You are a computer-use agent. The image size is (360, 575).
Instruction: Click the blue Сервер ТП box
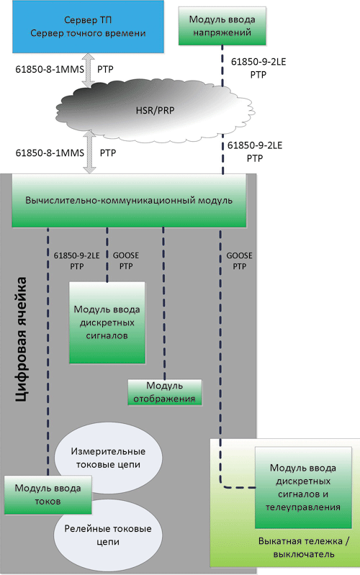(88, 27)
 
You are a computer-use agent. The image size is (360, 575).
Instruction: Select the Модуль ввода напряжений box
(222, 26)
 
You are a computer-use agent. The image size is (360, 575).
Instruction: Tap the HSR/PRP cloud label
(155, 110)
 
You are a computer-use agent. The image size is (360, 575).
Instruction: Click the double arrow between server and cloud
(88, 70)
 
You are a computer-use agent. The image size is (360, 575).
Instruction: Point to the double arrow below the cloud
(89, 152)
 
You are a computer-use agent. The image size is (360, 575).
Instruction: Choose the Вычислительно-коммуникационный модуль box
(129, 201)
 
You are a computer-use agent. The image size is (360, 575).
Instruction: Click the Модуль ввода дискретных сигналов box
(107, 322)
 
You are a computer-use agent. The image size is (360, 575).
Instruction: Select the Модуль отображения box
(164, 392)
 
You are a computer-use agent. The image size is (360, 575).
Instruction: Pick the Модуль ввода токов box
(48, 494)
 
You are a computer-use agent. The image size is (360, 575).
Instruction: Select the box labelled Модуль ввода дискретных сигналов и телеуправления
(303, 487)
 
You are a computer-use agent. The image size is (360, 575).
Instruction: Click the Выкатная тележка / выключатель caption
(304, 547)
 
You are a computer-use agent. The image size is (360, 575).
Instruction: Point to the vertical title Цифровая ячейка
(22, 339)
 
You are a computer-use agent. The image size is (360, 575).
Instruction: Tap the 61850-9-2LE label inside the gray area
(77, 255)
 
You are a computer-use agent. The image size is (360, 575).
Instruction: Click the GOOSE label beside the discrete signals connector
(126, 255)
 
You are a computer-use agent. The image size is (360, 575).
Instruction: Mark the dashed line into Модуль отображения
(163, 303)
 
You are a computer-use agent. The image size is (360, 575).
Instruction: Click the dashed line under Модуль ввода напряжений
(222, 66)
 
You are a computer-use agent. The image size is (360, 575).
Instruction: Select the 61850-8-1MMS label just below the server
(50, 69)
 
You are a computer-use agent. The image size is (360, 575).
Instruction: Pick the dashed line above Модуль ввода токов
(48, 351)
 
